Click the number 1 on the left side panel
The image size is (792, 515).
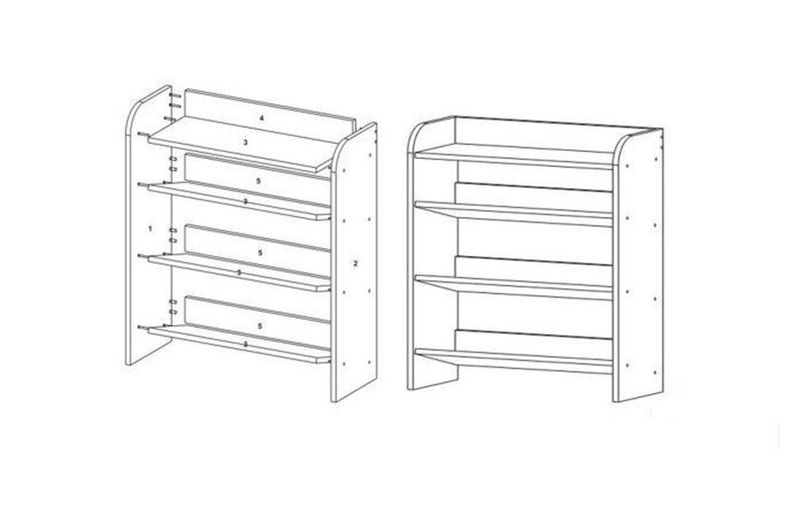[150, 229]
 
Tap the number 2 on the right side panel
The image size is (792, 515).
[356, 263]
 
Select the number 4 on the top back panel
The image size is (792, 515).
[262, 118]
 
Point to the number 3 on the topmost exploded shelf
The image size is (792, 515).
[246, 143]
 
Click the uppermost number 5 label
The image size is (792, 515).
[259, 181]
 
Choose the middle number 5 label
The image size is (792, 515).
[260, 252]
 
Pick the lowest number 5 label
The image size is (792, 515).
[260, 326]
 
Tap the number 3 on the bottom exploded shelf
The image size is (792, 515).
[246, 344]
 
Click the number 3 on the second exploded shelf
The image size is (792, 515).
[246, 201]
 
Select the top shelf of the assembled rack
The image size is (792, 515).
[513, 156]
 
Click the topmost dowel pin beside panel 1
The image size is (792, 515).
[175, 95]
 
